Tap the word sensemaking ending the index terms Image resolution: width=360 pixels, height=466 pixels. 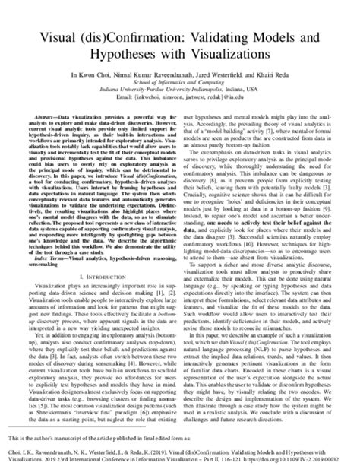[x=46, y=266]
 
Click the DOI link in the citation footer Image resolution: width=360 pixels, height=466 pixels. [x=292, y=458]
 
